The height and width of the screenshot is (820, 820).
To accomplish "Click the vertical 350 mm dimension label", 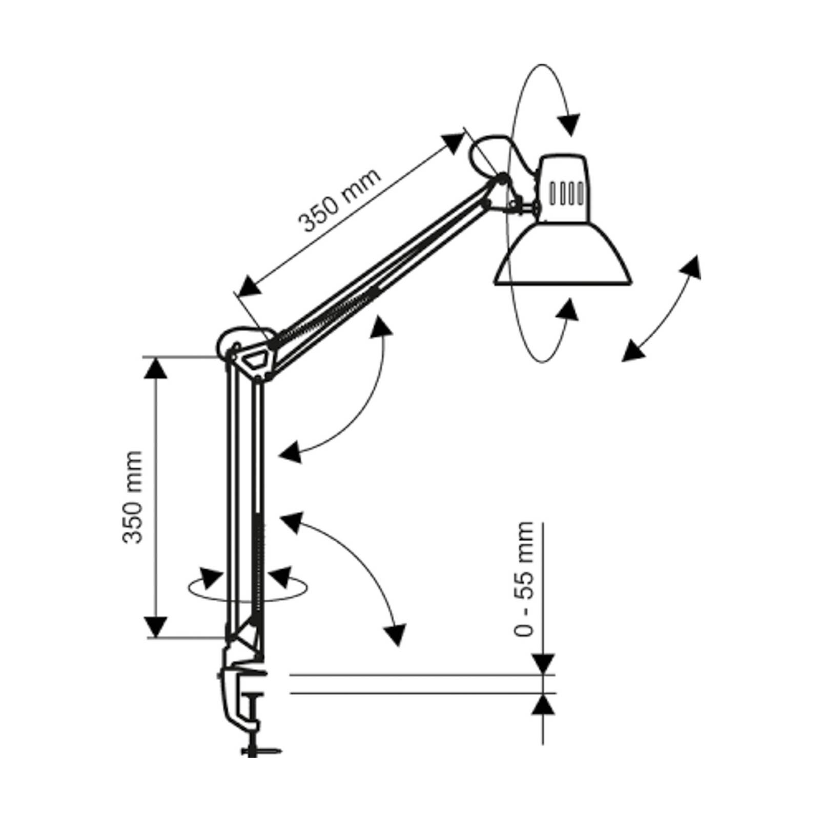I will tap(132, 497).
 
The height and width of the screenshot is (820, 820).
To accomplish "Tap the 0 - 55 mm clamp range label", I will tap(524, 579).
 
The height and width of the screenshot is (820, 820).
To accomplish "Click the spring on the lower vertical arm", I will tap(259, 564).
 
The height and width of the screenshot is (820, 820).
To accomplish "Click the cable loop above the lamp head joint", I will tap(492, 149).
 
